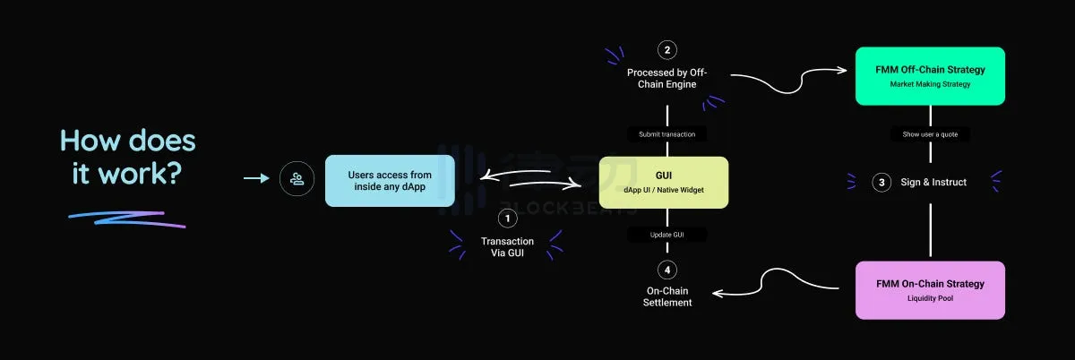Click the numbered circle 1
pos(507,218)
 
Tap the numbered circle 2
pos(666,49)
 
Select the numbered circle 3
pos(881,182)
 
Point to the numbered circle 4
pos(666,270)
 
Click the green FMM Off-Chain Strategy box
pos(930,76)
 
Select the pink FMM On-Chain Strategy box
pos(930,289)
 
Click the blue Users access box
pos(390,180)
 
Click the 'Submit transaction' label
pos(666,134)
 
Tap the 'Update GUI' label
pos(666,235)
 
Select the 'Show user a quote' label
pos(930,134)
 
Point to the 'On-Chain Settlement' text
pos(667,296)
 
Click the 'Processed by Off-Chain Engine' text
pos(666,79)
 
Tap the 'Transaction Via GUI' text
pos(507,247)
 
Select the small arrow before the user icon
pos(256,179)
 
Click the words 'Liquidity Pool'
pos(930,298)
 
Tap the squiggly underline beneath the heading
pos(126,218)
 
